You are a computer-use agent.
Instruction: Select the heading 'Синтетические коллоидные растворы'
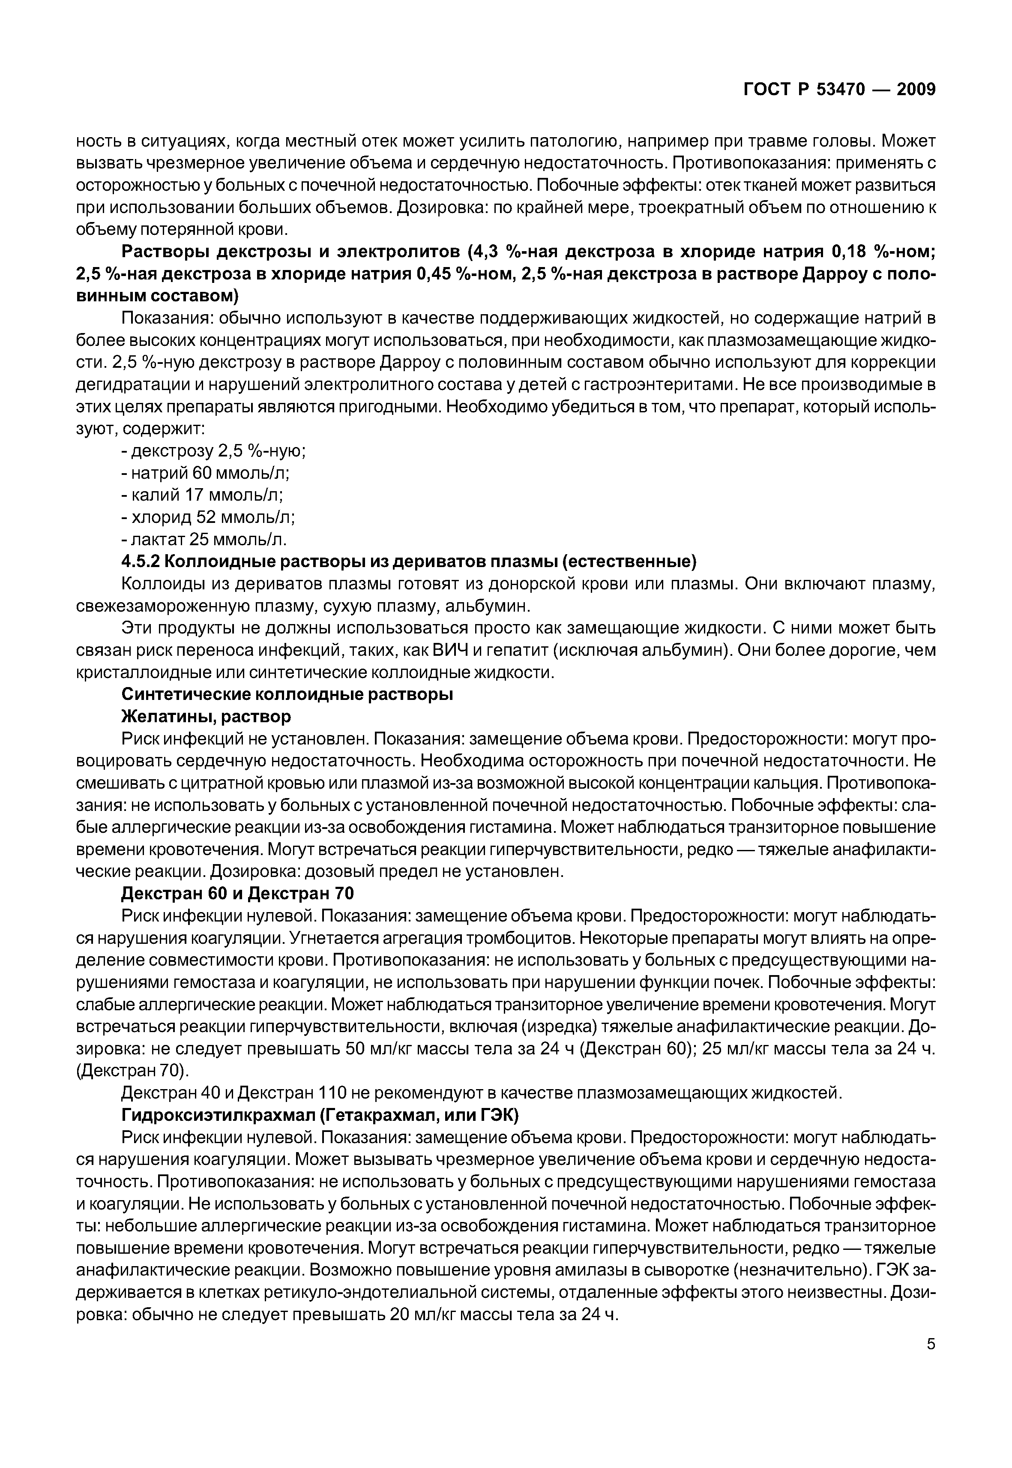click(x=287, y=694)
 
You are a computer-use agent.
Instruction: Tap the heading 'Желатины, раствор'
click(x=206, y=716)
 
